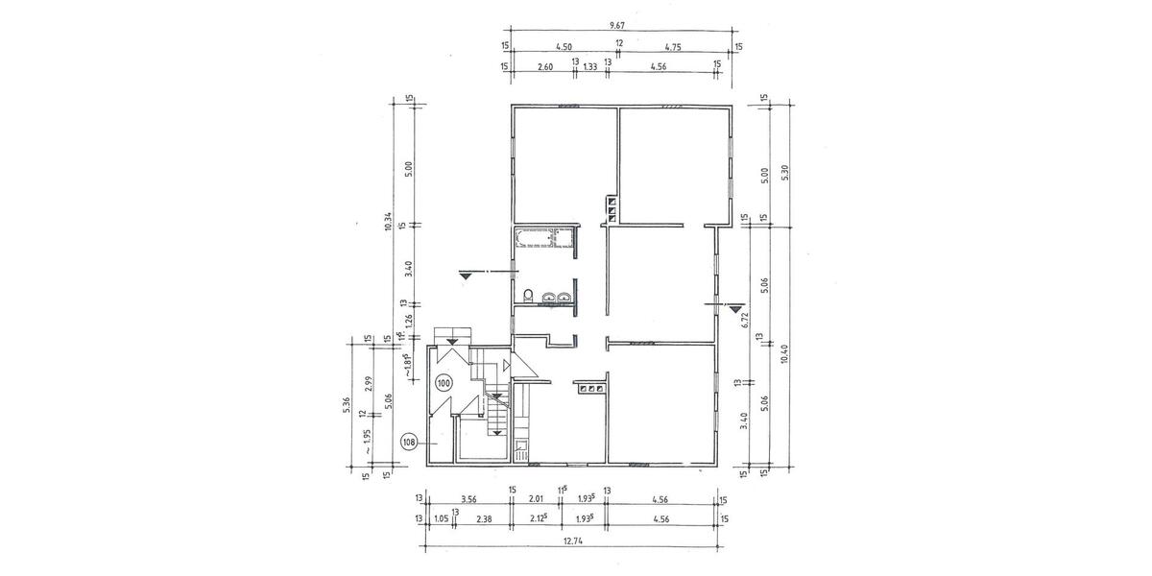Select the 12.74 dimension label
(x=572, y=540)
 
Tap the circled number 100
(x=444, y=383)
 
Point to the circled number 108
(x=409, y=443)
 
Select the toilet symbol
(x=528, y=295)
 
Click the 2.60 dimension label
(x=544, y=66)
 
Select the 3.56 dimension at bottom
(x=469, y=499)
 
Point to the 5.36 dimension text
(x=348, y=405)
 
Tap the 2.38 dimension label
(x=484, y=518)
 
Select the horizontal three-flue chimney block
(x=589, y=389)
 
